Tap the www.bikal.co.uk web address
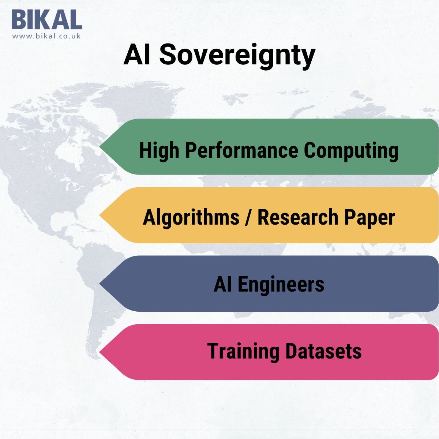[x=46, y=36]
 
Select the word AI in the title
[x=136, y=55]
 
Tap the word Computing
[x=351, y=150]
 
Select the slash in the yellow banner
[x=248, y=217]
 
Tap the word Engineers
[x=281, y=284]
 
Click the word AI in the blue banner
[x=223, y=284]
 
